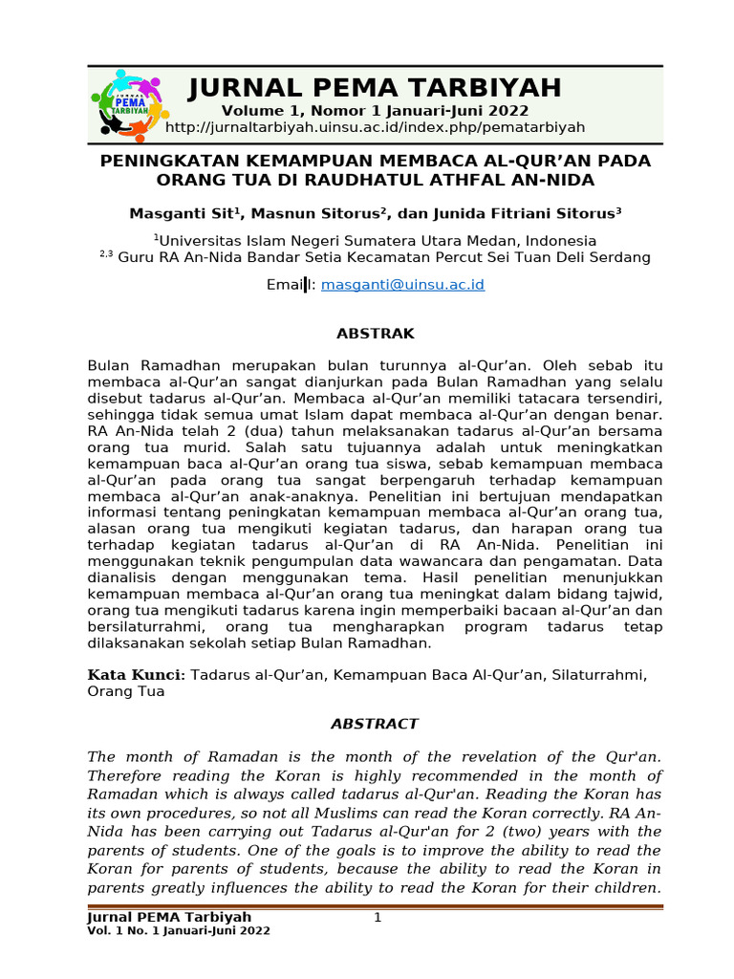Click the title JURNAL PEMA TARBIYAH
click(375, 89)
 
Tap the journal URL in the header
click(375, 128)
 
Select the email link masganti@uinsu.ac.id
click(403, 285)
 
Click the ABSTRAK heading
click(375, 334)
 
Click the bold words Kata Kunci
click(133, 675)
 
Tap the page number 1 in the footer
click(377, 918)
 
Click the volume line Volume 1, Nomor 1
click(375, 112)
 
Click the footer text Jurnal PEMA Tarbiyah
click(169, 918)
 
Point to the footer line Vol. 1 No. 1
click(179, 931)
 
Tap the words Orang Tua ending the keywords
click(125, 692)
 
